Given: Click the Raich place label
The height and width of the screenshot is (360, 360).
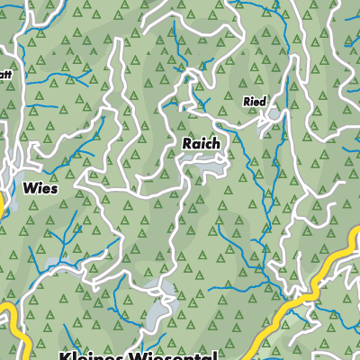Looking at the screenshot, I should coord(201,143).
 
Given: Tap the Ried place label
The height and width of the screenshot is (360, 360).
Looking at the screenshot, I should coord(255,103).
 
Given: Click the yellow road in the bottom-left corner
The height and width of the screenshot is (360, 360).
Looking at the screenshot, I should coord(11,324).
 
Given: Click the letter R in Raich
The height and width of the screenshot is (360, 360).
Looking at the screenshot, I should coord(186,143).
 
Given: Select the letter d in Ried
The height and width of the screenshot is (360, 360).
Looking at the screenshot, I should coord(263,103).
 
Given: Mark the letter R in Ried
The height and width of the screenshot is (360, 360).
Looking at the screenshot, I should coord(247,103).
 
